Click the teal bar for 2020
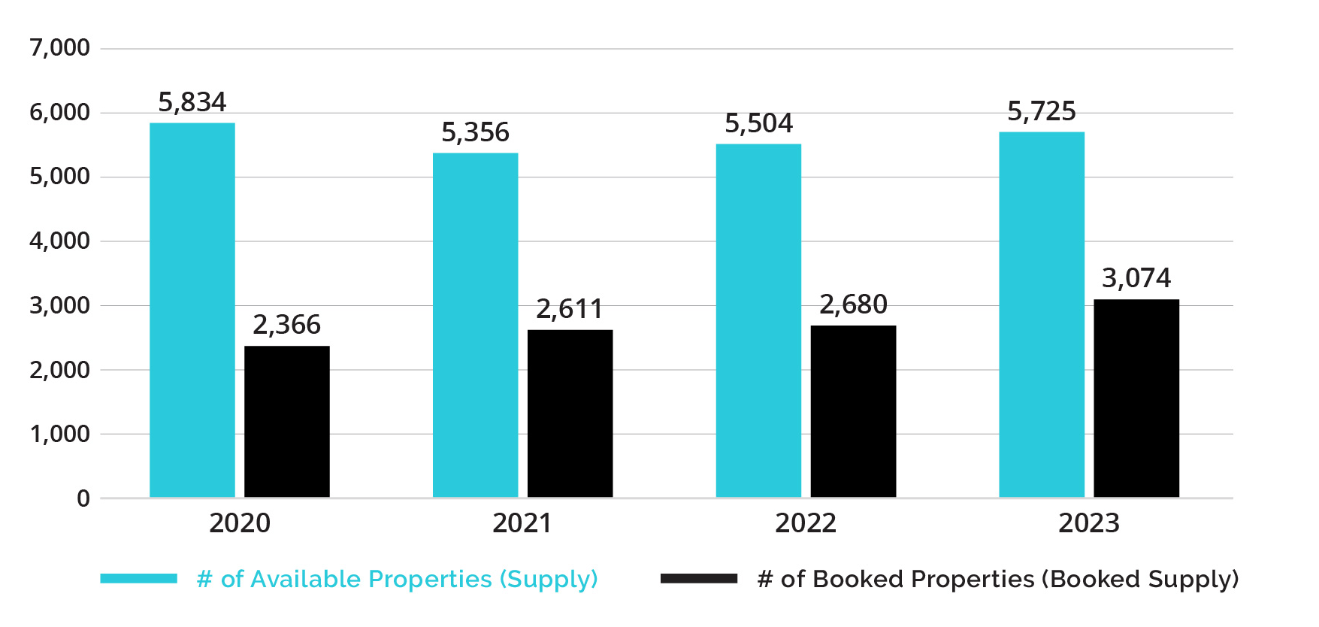point(192,310)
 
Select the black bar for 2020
point(287,421)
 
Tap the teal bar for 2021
point(475,325)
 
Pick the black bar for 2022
point(853,411)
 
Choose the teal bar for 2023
point(1042,314)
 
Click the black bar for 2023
point(1136,398)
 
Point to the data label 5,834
point(192,102)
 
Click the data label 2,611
point(570,309)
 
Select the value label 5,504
point(758,123)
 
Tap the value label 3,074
point(1136,278)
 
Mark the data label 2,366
point(287,325)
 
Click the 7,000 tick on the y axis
point(59,48)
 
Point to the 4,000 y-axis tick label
point(59,241)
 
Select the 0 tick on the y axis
point(83,498)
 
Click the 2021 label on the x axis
point(522,523)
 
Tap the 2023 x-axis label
point(1089,523)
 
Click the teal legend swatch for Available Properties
point(139,578)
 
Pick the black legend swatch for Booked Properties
point(699,578)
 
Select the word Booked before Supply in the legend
point(1095,579)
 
